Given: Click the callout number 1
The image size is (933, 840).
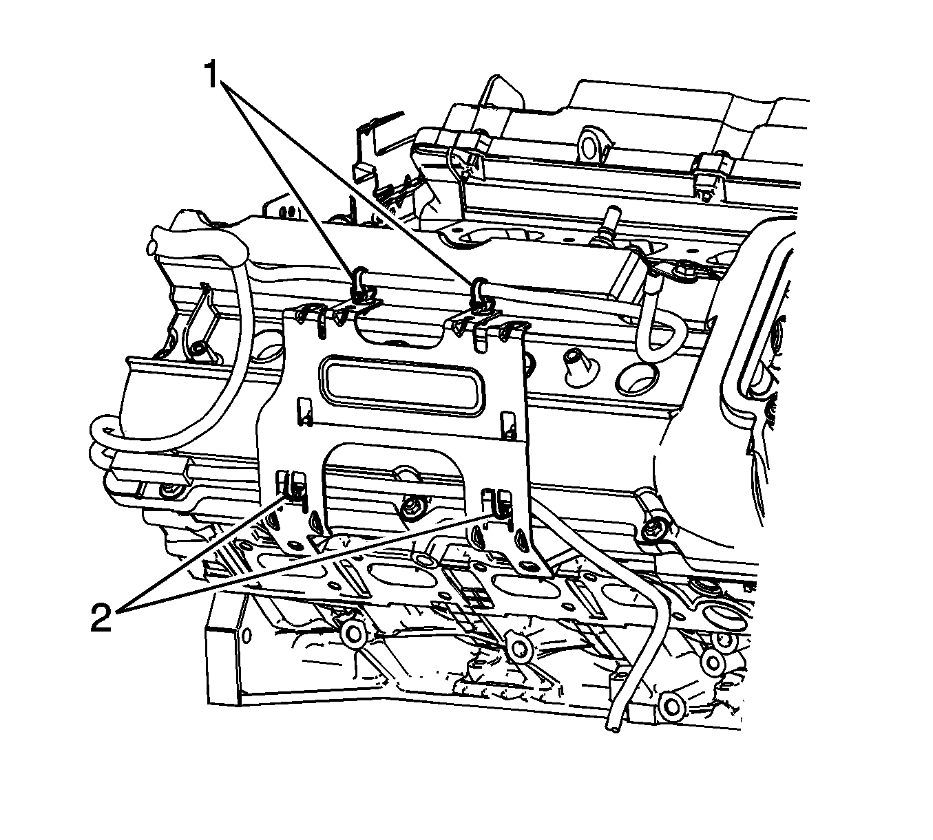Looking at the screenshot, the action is pos(212,75).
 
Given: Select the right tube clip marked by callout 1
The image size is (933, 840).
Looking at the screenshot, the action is pos(478,294).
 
